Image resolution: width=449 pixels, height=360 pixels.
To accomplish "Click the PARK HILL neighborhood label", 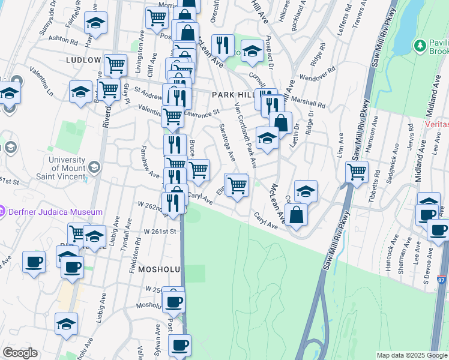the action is click(x=231, y=95).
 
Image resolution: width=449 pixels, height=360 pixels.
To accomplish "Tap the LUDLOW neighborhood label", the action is click(x=83, y=61).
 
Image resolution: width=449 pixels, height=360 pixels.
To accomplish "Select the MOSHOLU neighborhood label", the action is click(x=159, y=270).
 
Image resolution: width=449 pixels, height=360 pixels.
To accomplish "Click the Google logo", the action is click(x=20, y=353).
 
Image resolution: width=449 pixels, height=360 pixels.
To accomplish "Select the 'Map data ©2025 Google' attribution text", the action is click(x=412, y=355).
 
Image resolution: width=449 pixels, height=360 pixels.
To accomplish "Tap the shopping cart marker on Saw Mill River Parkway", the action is click(x=357, y=172).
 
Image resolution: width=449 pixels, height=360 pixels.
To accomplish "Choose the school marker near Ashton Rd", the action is click(x=95, y=23).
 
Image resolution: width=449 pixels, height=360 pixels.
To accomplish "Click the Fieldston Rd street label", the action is click(x=137, y=251).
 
